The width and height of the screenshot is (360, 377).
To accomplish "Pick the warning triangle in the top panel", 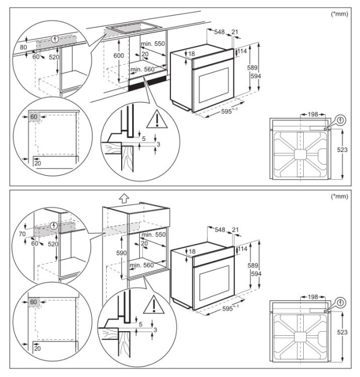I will point(156,120).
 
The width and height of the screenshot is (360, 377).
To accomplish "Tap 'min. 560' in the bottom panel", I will point(142,264).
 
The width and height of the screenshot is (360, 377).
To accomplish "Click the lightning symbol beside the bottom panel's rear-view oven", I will point(340,303).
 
